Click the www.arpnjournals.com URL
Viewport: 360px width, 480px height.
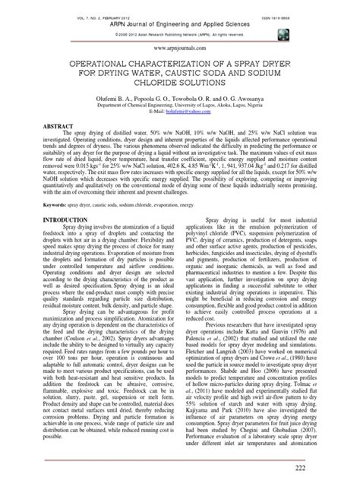point(180,45)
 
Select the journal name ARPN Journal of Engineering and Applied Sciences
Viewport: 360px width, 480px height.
point(180,18)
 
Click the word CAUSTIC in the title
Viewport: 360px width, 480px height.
point(192,74)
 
